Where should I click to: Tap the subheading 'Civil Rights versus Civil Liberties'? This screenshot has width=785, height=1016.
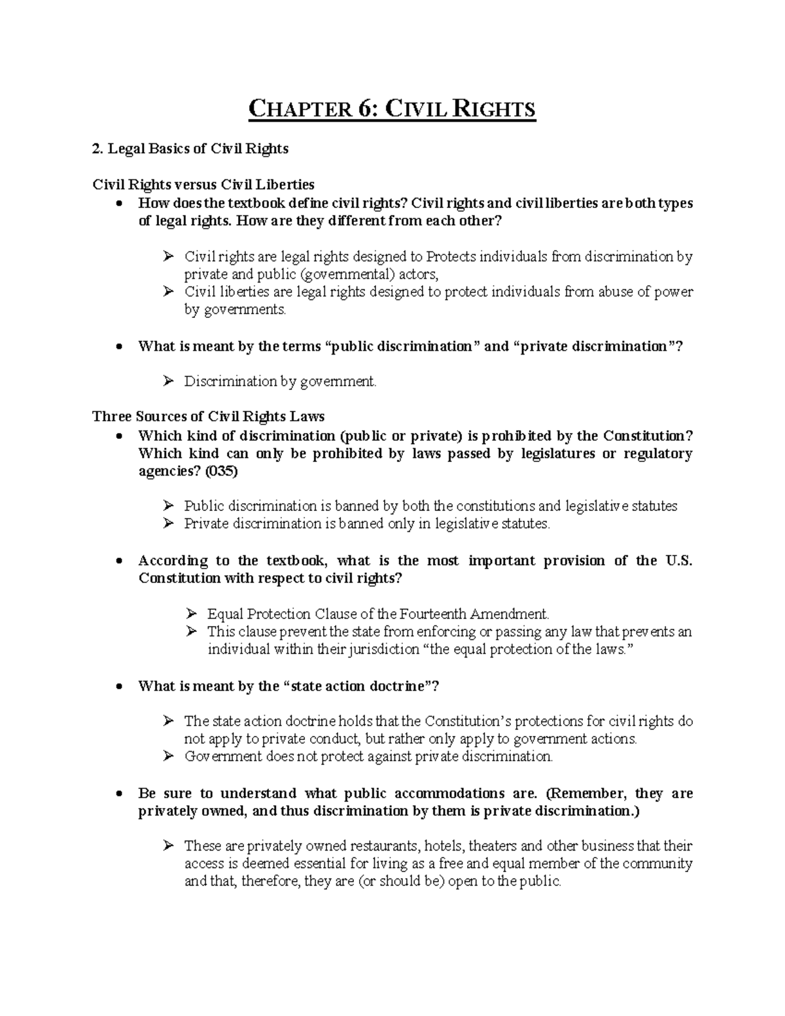tap(203, 184)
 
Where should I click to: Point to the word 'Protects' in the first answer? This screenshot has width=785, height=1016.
tap(451, 256)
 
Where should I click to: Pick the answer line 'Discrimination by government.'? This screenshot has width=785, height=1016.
tap(281, 381)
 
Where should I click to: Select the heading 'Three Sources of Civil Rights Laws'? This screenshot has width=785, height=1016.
tap(209, 417)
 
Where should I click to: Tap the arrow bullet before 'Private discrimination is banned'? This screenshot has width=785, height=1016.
tap(168, 523)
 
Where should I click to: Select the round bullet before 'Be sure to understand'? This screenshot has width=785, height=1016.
tap(118, 794)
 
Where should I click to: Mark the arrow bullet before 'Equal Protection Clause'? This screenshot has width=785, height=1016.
tap(191, 614)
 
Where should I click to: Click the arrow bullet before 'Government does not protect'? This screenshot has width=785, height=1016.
tap(168, 756)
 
